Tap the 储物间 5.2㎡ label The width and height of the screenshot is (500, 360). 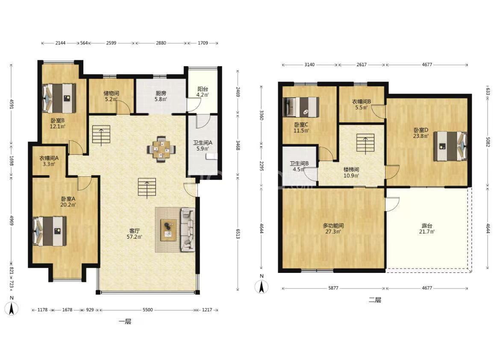(x=111, y=96)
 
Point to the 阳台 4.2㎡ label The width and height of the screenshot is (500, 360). (x=203, y=92)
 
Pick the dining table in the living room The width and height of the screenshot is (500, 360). (x=162, y=149)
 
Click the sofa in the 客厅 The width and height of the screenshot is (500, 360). (x=188, y=229)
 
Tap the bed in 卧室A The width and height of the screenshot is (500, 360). (x=50, y=231)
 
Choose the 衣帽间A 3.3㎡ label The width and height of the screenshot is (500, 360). (x=49, y=161)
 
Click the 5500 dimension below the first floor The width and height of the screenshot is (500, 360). (x=147, y=310)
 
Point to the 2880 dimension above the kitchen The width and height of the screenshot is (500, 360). (x=161, y=43)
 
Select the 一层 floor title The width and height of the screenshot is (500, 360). (x=125, y=322)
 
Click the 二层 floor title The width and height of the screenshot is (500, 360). (x=375, y=300)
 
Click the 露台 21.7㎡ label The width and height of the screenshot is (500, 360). (x=427, y=229)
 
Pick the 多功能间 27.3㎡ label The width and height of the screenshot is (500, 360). (x=333, y=228)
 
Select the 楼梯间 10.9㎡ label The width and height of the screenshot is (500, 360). (x=351, y=173)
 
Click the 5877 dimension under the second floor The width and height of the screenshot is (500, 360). (x=333, y=288)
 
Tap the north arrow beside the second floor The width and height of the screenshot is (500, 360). (x=262, y=284)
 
